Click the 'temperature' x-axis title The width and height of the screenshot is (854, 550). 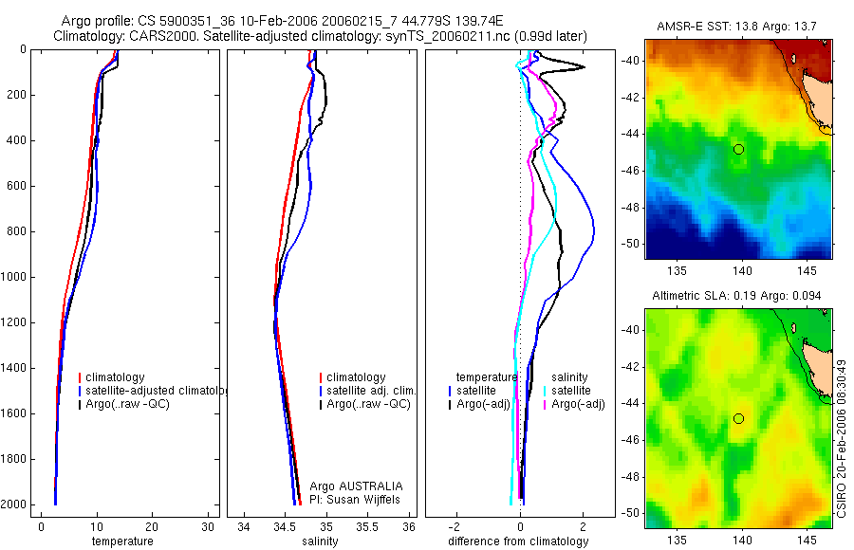pos(121,541)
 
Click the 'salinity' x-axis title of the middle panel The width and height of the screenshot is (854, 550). pos(320,541)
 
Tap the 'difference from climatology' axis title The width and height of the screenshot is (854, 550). pos(518,541)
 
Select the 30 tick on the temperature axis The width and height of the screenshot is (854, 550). pos(208,527)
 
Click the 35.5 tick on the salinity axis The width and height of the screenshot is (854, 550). pos(368,527)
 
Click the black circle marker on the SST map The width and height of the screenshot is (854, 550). pos(738,149)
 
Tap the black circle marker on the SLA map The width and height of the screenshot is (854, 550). pos(738,418)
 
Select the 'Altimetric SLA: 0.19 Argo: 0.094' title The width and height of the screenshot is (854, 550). pos(738,297)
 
